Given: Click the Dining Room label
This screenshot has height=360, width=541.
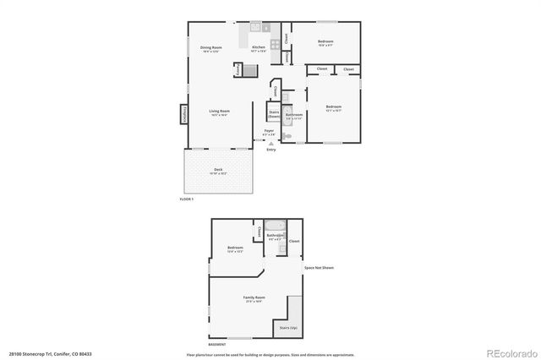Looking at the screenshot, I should click(x=211, y=47).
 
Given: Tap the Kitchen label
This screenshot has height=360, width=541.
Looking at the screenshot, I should click(x=259, y=47).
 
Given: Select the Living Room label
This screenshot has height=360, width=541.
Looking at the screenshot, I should click(x=221, y=111).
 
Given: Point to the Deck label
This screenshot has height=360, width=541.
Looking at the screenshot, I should click(x=218, y=170).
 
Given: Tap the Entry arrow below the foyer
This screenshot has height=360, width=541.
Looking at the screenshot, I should click(x=270, y=144).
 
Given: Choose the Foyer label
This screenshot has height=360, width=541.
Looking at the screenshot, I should click(x=269, y=131).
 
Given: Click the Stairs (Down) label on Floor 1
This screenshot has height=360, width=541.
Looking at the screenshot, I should click(x=274, y=113).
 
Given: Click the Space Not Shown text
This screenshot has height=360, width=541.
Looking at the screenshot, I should click(x=320, y=268).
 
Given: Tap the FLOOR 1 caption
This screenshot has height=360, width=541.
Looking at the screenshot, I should click(x=187, y=199).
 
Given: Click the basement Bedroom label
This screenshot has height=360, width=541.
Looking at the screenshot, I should click(x=235, y=248).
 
